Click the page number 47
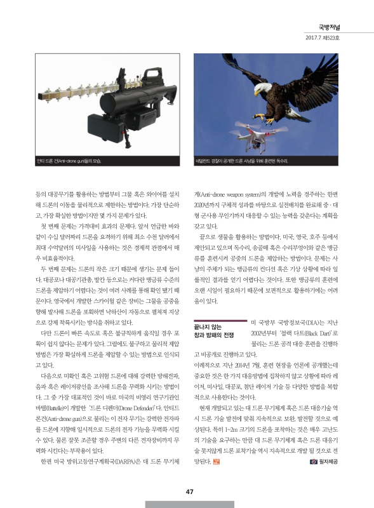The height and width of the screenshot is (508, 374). pyautogui.click(x=189, y=490)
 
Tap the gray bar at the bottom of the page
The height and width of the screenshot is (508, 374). pyautogui.click(x=189, y=504)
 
